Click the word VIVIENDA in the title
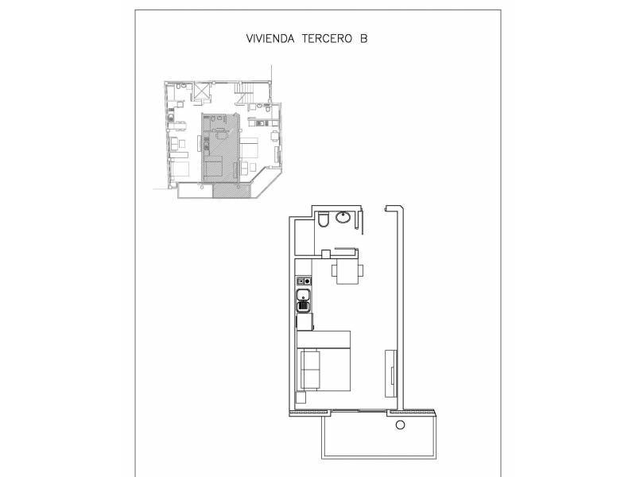pyautogui.click(x=270, y=38)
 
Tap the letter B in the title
pyautogui.click(x=363, y=38)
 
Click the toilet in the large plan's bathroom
pyautogui.click(x=324, y=219)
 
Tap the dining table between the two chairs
pyautogui.click(x=347, y=271)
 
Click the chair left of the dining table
pyautogui.click(x=334, y=270)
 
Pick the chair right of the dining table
pyautogui.click(x=360, y=270)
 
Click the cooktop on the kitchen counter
pyautogui.click(x=304, y=281)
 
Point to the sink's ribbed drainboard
pyautogui.click(x=304, y=306)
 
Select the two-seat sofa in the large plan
pyautogui.click(x=310, y=369)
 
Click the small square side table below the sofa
pyautogui.click(x=301, y=398)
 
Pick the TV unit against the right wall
pyautogui.click(x=390, y=373)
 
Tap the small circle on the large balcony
pyautogui.click(x=401, y=425)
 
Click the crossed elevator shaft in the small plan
pyautogui.click(x=202, y=91)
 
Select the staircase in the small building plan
pyautogui.click(x=245, y=93)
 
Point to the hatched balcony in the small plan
pyautogui.click(x=231, y=191)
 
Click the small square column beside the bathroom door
pyautogui.click(x=326, y=254)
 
